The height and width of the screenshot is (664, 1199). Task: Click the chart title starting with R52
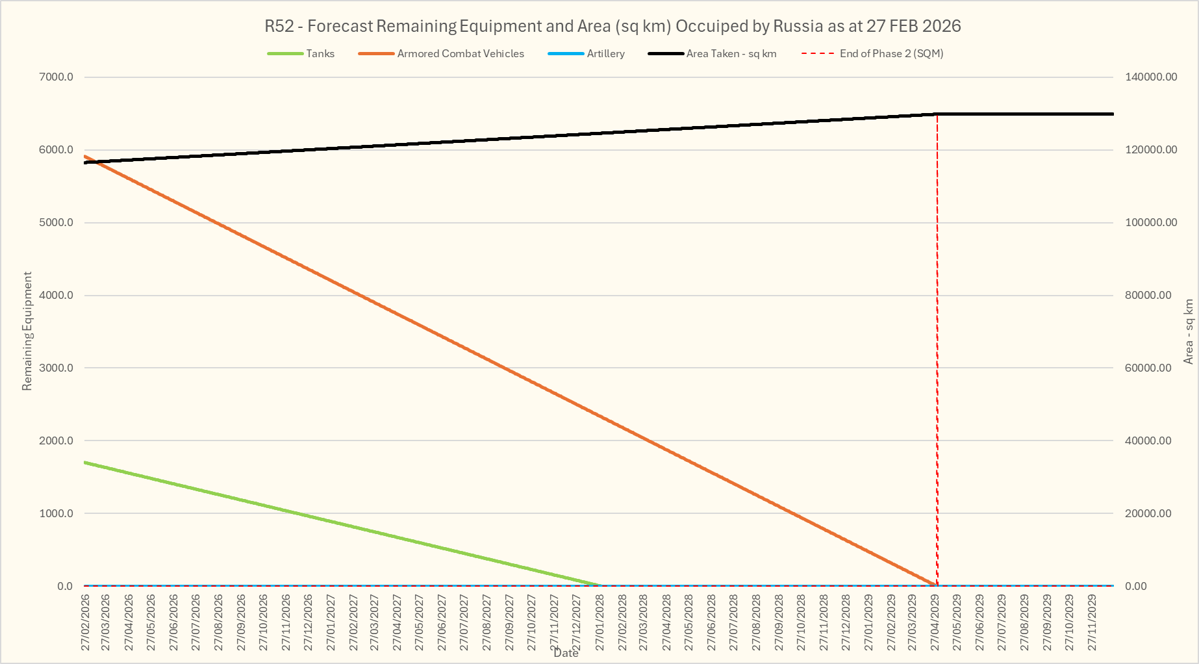tap(612, 26)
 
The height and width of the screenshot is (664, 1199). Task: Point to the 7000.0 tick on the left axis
tap(57, 77)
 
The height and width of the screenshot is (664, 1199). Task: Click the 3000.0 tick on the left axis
tap(57, 368)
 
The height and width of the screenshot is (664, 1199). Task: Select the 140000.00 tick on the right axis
tap(1150, 77)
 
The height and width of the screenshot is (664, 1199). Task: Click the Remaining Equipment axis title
tap(27, 331)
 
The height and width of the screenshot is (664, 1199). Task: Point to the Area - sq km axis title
tap(1189, 331)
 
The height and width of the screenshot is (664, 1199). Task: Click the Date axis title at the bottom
tap(566, 653)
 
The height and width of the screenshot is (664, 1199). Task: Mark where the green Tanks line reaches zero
tap(599, 585)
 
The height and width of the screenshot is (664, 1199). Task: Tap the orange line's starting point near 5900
tap(85, 157)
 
